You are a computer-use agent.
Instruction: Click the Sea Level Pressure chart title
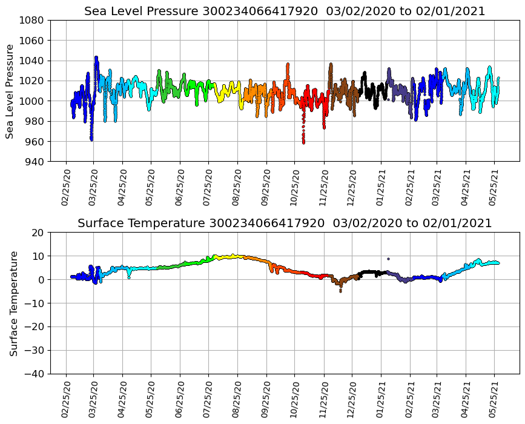point(285,12)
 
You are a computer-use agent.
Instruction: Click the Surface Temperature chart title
point(285,224)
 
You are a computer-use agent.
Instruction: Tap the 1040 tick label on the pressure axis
point(35,61)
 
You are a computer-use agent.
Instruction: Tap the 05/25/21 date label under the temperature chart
point(494,400)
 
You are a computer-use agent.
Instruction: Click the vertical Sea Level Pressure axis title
point(10,91)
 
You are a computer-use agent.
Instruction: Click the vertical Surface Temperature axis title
point(13,303)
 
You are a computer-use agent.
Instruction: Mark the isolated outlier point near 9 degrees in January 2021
point(388,259)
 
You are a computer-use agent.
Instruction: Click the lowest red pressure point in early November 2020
point(303,142)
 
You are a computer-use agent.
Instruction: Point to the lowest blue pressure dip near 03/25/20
point(91,139)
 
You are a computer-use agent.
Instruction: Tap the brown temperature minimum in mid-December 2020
point(340,291)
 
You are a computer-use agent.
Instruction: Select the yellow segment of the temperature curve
point(227,257)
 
